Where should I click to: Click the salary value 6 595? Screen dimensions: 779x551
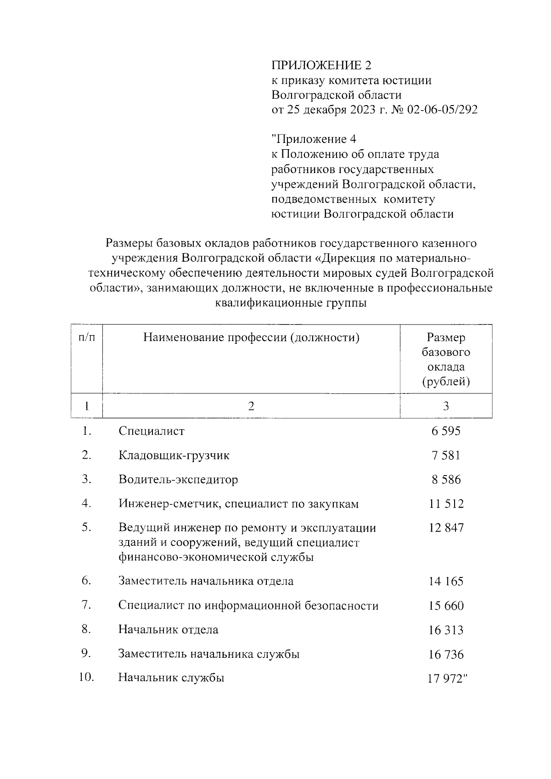pyautogui.click(x=446, y=431)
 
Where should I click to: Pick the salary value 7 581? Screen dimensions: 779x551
pyautogui.click(x=446, y=455)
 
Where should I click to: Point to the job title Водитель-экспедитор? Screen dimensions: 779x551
pyautogui.click(x=178, y=480)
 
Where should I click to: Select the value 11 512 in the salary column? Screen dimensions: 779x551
pyautogui.click(x=446, y=504)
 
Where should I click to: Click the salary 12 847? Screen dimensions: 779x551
pyautogui.click(x=446, y=528)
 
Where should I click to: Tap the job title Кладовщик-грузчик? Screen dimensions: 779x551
pyautogui.click(x=174, y=455)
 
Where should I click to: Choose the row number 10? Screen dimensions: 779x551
pyautogui.click(x=86, y=678)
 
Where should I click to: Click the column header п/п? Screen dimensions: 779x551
pyautogui.click(x=87, y=338)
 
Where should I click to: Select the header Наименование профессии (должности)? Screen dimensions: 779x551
pyautogui.click(x=251, y=338)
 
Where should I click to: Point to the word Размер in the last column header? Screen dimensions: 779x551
pyautogui.click(x=446, y=338)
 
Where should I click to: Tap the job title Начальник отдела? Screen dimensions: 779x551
pyautogui.click(x=169, y=629)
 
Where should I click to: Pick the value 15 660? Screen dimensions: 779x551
pyautogui.click(x=446, y=606)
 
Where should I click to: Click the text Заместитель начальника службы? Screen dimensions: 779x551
pyautogui.click(x=209, y=654)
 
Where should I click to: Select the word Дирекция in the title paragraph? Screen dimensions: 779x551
pyautogui.click(x=352, y=258)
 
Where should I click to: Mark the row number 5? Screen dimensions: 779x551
pyautogui.click(x=87, y=527)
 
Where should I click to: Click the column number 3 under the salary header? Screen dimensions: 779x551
pyautogui.click(x=446, y=406)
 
